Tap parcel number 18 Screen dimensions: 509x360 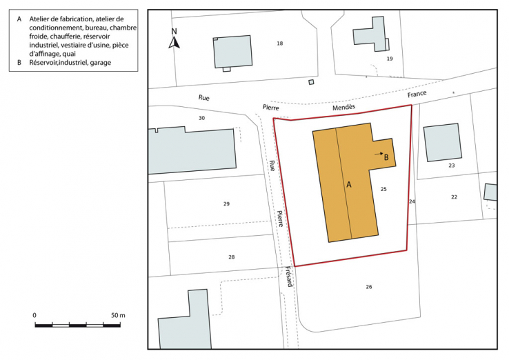pyautogui.click(x=279, y=43)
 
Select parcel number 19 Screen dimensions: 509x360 pyautogui.click(x=390, y=59)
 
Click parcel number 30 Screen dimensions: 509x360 pyautogui.click(x=201, y=118)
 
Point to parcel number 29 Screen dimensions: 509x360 pyautogui.click(x=226, y=203)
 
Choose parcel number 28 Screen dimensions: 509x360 pyautogui.click(x=232, y=257)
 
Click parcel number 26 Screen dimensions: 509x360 pyautogui.click(x=369, y=286)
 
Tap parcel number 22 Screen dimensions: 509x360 pyautogui.click(x=454, y=197)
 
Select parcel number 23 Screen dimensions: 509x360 pyautogui.click(x=452, y=166)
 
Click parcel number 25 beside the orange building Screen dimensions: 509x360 pyautogui.click(x=383, y=188)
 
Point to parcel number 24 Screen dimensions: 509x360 pyautogui.click(x=412, y=201)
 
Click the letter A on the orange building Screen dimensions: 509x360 pyautogui.click(x=349, y=185)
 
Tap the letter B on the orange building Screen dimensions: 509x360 pyautogui.click(x=386, y=157)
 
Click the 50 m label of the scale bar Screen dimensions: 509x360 pyautogui.click(x=117, y=315)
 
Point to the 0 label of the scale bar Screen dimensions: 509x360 pyautogui.click(x=34, y=315)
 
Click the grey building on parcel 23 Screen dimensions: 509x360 pyautogui.click(x=441, y=142)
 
